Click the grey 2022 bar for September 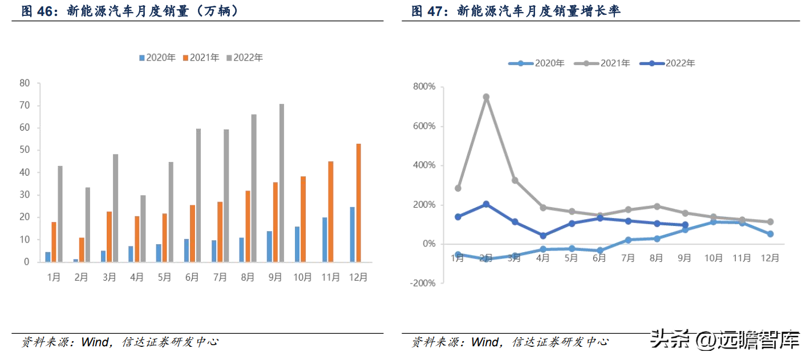coord(281,183)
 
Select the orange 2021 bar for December coord(358,203)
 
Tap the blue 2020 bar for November coord(325,240)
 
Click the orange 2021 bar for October coord(303,219)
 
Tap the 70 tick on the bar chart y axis coord(25,106)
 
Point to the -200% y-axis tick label coord(423,283)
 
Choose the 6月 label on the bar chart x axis coord(192,277)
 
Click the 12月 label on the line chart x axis coord(770,258)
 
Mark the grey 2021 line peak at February coord(486,97)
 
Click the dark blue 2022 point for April coord(543,236)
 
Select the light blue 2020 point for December coord(770,234)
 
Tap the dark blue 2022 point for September coord(685,225)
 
